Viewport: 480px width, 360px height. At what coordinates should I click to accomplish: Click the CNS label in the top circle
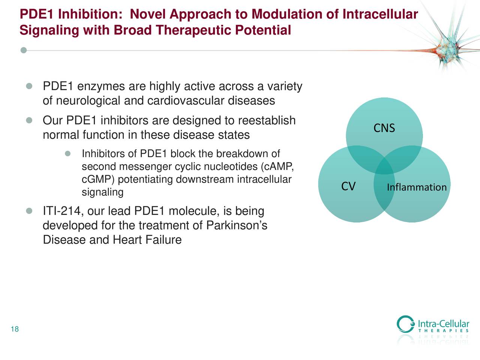(384, 129)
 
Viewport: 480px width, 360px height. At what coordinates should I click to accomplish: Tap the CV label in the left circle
(348, 186)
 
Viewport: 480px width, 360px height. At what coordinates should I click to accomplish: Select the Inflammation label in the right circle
(416, 187)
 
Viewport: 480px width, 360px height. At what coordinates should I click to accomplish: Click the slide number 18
(15, 330)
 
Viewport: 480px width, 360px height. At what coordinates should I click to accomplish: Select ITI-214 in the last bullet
(63, 211)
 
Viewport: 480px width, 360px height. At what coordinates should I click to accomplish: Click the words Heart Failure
(147, 240)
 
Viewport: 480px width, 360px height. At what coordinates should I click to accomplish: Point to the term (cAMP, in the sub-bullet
(277, 167)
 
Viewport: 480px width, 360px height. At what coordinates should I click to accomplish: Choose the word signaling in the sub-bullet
(102, 192)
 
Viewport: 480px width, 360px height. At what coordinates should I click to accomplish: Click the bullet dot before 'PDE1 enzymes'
(29, 87)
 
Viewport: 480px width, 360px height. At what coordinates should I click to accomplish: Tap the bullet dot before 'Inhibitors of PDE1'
(68, 154)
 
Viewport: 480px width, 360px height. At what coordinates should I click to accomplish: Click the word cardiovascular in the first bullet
(185, 101)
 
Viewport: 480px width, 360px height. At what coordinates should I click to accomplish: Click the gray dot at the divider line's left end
(24, 50)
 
